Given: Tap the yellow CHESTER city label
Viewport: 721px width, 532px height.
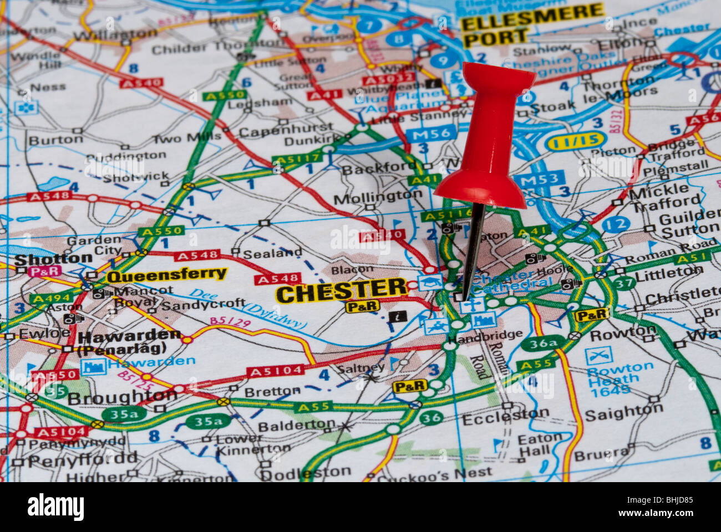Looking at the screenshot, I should pos(342,290).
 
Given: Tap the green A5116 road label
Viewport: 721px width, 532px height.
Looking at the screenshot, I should pos(446,216).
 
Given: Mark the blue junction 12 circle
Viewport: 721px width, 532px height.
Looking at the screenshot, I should pos(615,224).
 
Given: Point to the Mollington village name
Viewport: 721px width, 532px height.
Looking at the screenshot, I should pos(378,197).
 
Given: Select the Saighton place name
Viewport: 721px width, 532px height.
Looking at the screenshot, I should pos(623,412).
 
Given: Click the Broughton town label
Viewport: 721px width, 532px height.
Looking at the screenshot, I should pos(122,397).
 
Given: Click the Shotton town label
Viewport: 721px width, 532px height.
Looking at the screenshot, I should pos(53,258).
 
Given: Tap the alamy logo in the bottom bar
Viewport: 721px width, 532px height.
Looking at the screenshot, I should pos(55,507).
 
